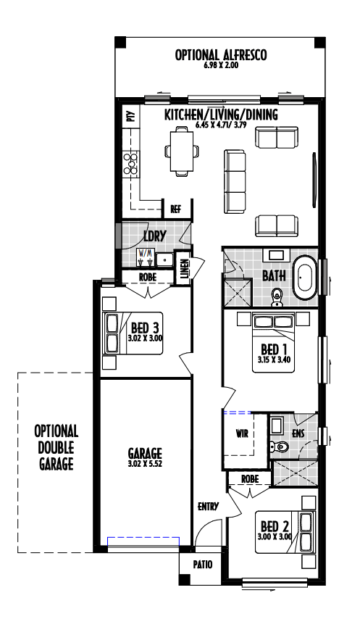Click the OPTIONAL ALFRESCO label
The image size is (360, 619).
(x=221, y=55)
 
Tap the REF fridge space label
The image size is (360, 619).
(x=176, y=209)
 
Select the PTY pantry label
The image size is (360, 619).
(x=130, y=117)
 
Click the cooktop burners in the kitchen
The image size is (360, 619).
(x=131, y=164)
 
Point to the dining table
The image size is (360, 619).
(x=182, y=151)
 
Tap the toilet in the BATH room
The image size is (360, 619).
(x=277, y=297)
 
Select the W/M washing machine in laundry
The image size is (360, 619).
(x=145, y=257)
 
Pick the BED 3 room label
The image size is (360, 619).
(x=145, y=328)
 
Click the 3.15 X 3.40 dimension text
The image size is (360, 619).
(x=275, y=360)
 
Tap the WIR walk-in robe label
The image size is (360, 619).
(x=242, y=433)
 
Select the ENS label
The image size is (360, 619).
(x=298, y=433)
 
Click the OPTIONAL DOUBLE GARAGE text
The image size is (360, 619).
(x=56, y=448)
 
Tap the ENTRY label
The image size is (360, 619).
(x=208, y=507)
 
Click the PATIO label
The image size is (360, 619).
(x=203, y=565)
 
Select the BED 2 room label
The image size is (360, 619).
(x=275, y=526)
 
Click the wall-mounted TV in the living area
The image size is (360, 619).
(x=314, y=180)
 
